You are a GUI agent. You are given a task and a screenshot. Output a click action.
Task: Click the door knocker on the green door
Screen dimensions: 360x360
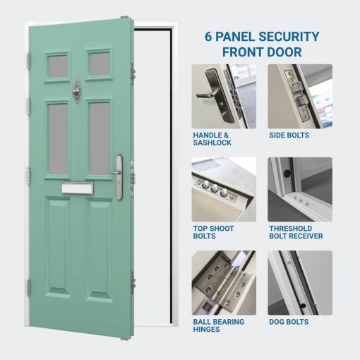click(77, 91)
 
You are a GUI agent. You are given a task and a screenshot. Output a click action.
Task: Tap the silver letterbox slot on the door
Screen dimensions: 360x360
click(78, 187)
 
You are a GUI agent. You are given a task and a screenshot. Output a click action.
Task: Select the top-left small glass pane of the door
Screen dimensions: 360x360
click(58, 66)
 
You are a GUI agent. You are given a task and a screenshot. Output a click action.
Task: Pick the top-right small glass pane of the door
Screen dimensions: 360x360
click(99, 64)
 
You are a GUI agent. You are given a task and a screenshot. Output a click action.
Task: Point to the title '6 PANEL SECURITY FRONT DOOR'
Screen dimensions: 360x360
click(262, 44)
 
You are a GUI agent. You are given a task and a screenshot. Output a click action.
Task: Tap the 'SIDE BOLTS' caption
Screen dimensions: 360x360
click(289, 135)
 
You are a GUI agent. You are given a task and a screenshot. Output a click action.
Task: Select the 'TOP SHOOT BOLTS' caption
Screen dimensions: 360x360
click(214, 232)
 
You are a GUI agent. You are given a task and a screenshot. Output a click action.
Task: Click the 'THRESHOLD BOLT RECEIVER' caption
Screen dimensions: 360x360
click(296, 232)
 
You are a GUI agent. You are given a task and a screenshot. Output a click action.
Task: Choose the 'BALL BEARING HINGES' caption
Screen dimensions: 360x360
click(219, 325)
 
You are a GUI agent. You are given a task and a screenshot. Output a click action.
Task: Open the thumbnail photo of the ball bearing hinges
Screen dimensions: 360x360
click(224, 282)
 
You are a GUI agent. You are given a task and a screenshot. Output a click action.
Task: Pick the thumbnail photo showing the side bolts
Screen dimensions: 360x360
click(299, 96)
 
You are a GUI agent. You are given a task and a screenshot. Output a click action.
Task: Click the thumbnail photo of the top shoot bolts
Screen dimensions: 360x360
click(224, 189)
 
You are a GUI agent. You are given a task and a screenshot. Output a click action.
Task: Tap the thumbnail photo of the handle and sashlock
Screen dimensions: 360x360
click(224, 96)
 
